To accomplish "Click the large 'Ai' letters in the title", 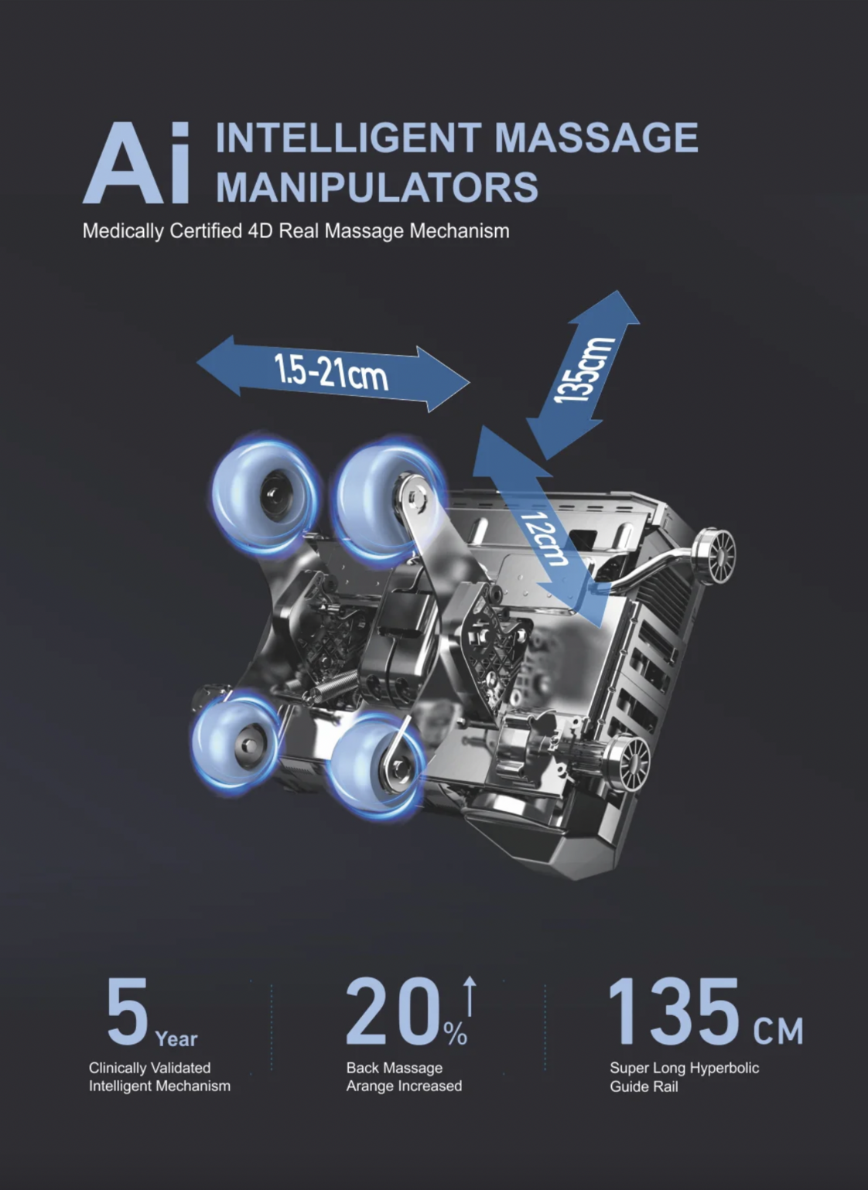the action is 136,163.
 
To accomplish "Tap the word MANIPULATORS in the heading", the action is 378,187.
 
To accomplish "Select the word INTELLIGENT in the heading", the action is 349,138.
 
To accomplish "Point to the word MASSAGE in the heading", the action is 596,138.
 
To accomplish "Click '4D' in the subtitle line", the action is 261,231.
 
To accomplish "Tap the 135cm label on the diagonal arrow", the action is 584,370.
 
